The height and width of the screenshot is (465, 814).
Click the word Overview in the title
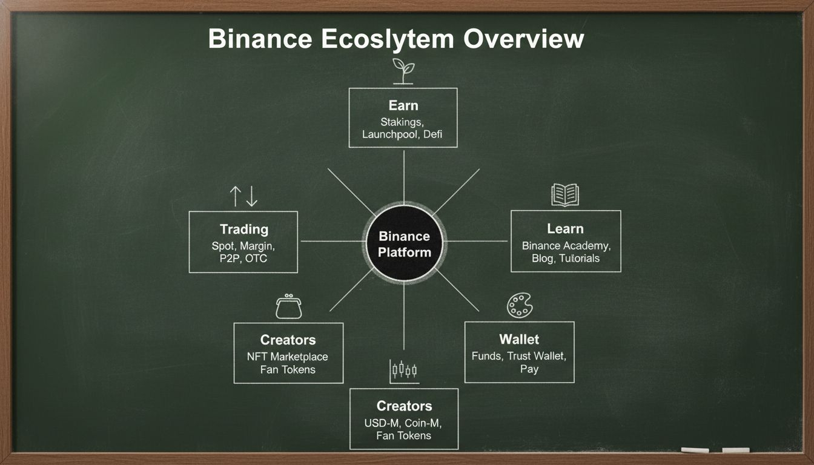(x=524, y=39)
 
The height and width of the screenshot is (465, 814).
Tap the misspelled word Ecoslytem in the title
(x=388, y=39)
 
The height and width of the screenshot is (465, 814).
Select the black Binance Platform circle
(x=404, y=243)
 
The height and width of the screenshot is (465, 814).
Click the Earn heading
(x=403, y=106)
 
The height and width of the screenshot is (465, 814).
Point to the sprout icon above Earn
(x=403, y=71)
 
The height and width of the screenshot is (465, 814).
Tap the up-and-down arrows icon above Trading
(x=243, y=196)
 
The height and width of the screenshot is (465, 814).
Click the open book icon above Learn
(x=565, y=195)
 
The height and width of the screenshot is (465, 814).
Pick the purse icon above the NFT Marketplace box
(x=288, y=306)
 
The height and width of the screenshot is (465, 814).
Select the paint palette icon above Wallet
(x=520, y=306)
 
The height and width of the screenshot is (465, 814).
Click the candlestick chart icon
(x=404, y=372)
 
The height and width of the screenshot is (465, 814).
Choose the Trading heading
(x=244, y=229)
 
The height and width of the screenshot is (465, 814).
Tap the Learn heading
(x=566, y=229)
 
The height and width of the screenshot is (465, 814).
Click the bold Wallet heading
(x=519, y=339)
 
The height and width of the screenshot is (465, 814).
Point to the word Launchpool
(x=389, y=135)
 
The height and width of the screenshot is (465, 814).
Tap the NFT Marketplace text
(x=288, y=357)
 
